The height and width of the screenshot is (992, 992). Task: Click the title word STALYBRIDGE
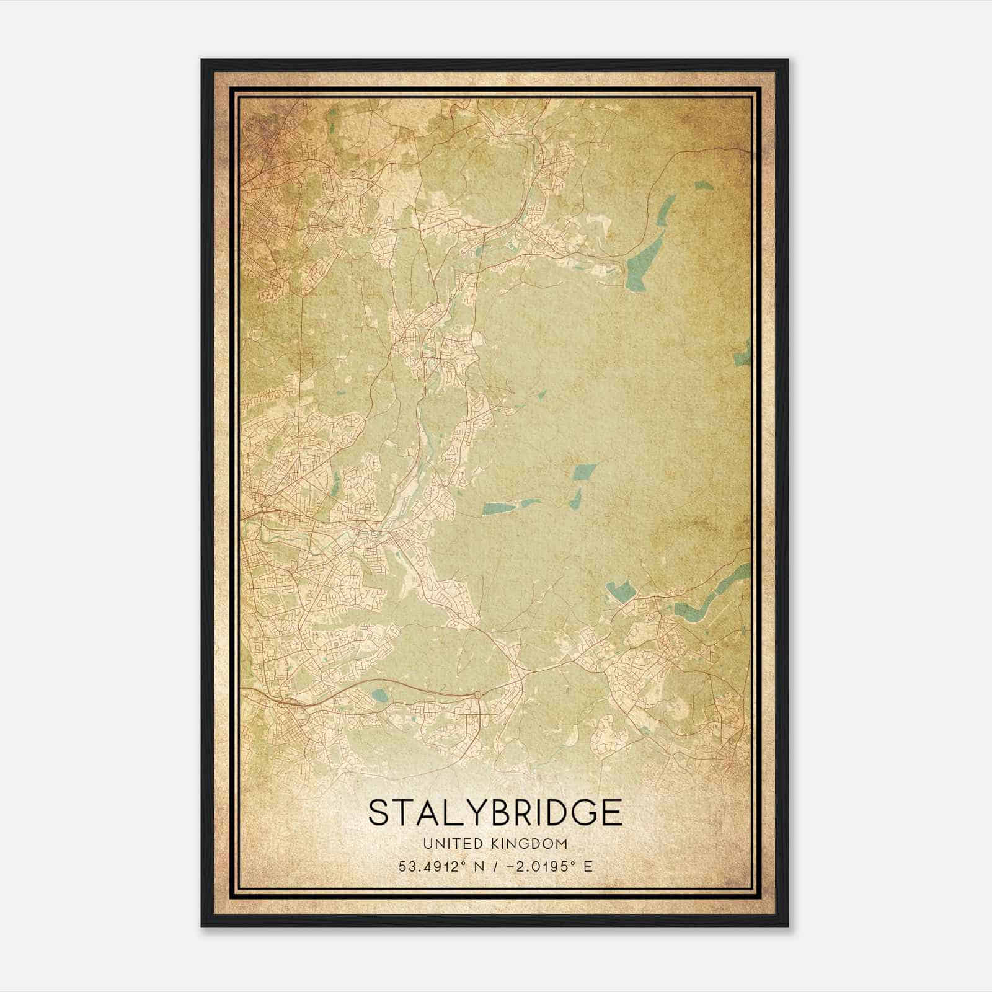(495, 812)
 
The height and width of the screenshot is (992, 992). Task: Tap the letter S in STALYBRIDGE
(379, 812)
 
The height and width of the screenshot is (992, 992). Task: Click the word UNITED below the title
(446, 843)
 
